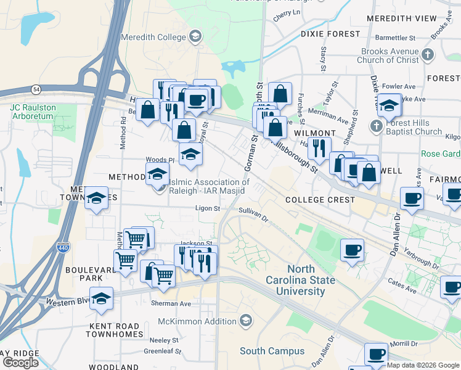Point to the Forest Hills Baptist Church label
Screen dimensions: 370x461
411,126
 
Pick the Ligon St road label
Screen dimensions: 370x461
208,208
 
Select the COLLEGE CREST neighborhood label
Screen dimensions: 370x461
320,200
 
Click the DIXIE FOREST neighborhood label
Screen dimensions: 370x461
330,33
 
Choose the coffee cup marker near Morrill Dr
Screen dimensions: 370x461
376,354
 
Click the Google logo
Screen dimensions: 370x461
20,362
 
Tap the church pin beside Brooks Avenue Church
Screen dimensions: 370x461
428,55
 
